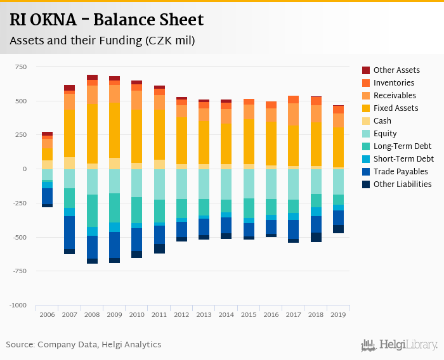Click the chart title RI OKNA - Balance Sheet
coord(107,20)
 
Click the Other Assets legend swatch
coord(366,70)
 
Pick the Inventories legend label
coord(394,83)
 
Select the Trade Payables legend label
coord(400,172)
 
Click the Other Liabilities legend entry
coord(402,184)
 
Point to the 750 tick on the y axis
coord(20,67)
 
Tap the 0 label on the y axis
coord(24,169)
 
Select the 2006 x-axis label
coord(47,315)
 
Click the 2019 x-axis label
coord(338,315)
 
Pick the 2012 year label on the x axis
coord(181,315)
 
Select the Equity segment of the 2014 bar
coord(226,184)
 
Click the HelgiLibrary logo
coord(399,345)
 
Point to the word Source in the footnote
coord(20,345)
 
